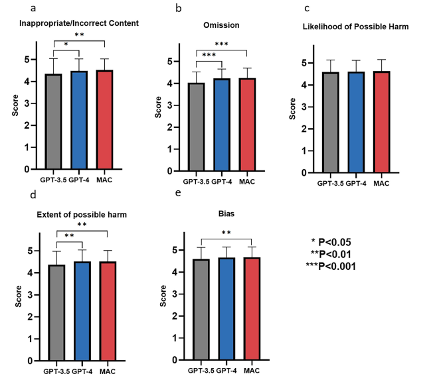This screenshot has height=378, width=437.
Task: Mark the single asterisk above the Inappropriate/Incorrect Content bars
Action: click(x=66, y=44)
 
